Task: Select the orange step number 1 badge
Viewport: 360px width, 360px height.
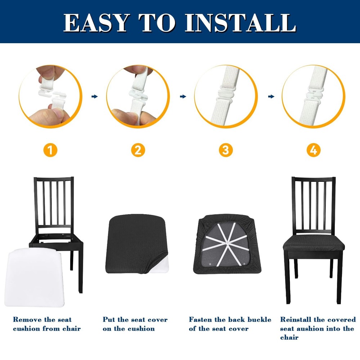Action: click(x=50, y=150)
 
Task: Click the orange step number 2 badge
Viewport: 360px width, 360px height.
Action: click(x=138, y=150)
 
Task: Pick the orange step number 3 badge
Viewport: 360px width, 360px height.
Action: click(x=226, y=150)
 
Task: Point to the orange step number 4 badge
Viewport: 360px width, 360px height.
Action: click(x=314, y=150)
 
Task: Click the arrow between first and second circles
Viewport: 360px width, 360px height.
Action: click(x=95, y=96)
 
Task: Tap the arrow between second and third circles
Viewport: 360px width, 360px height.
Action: click(x=183, y=96)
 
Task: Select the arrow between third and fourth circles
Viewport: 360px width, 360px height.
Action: click(x=271, y=96)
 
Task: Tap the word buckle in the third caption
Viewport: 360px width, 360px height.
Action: click(x=259, y=320)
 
